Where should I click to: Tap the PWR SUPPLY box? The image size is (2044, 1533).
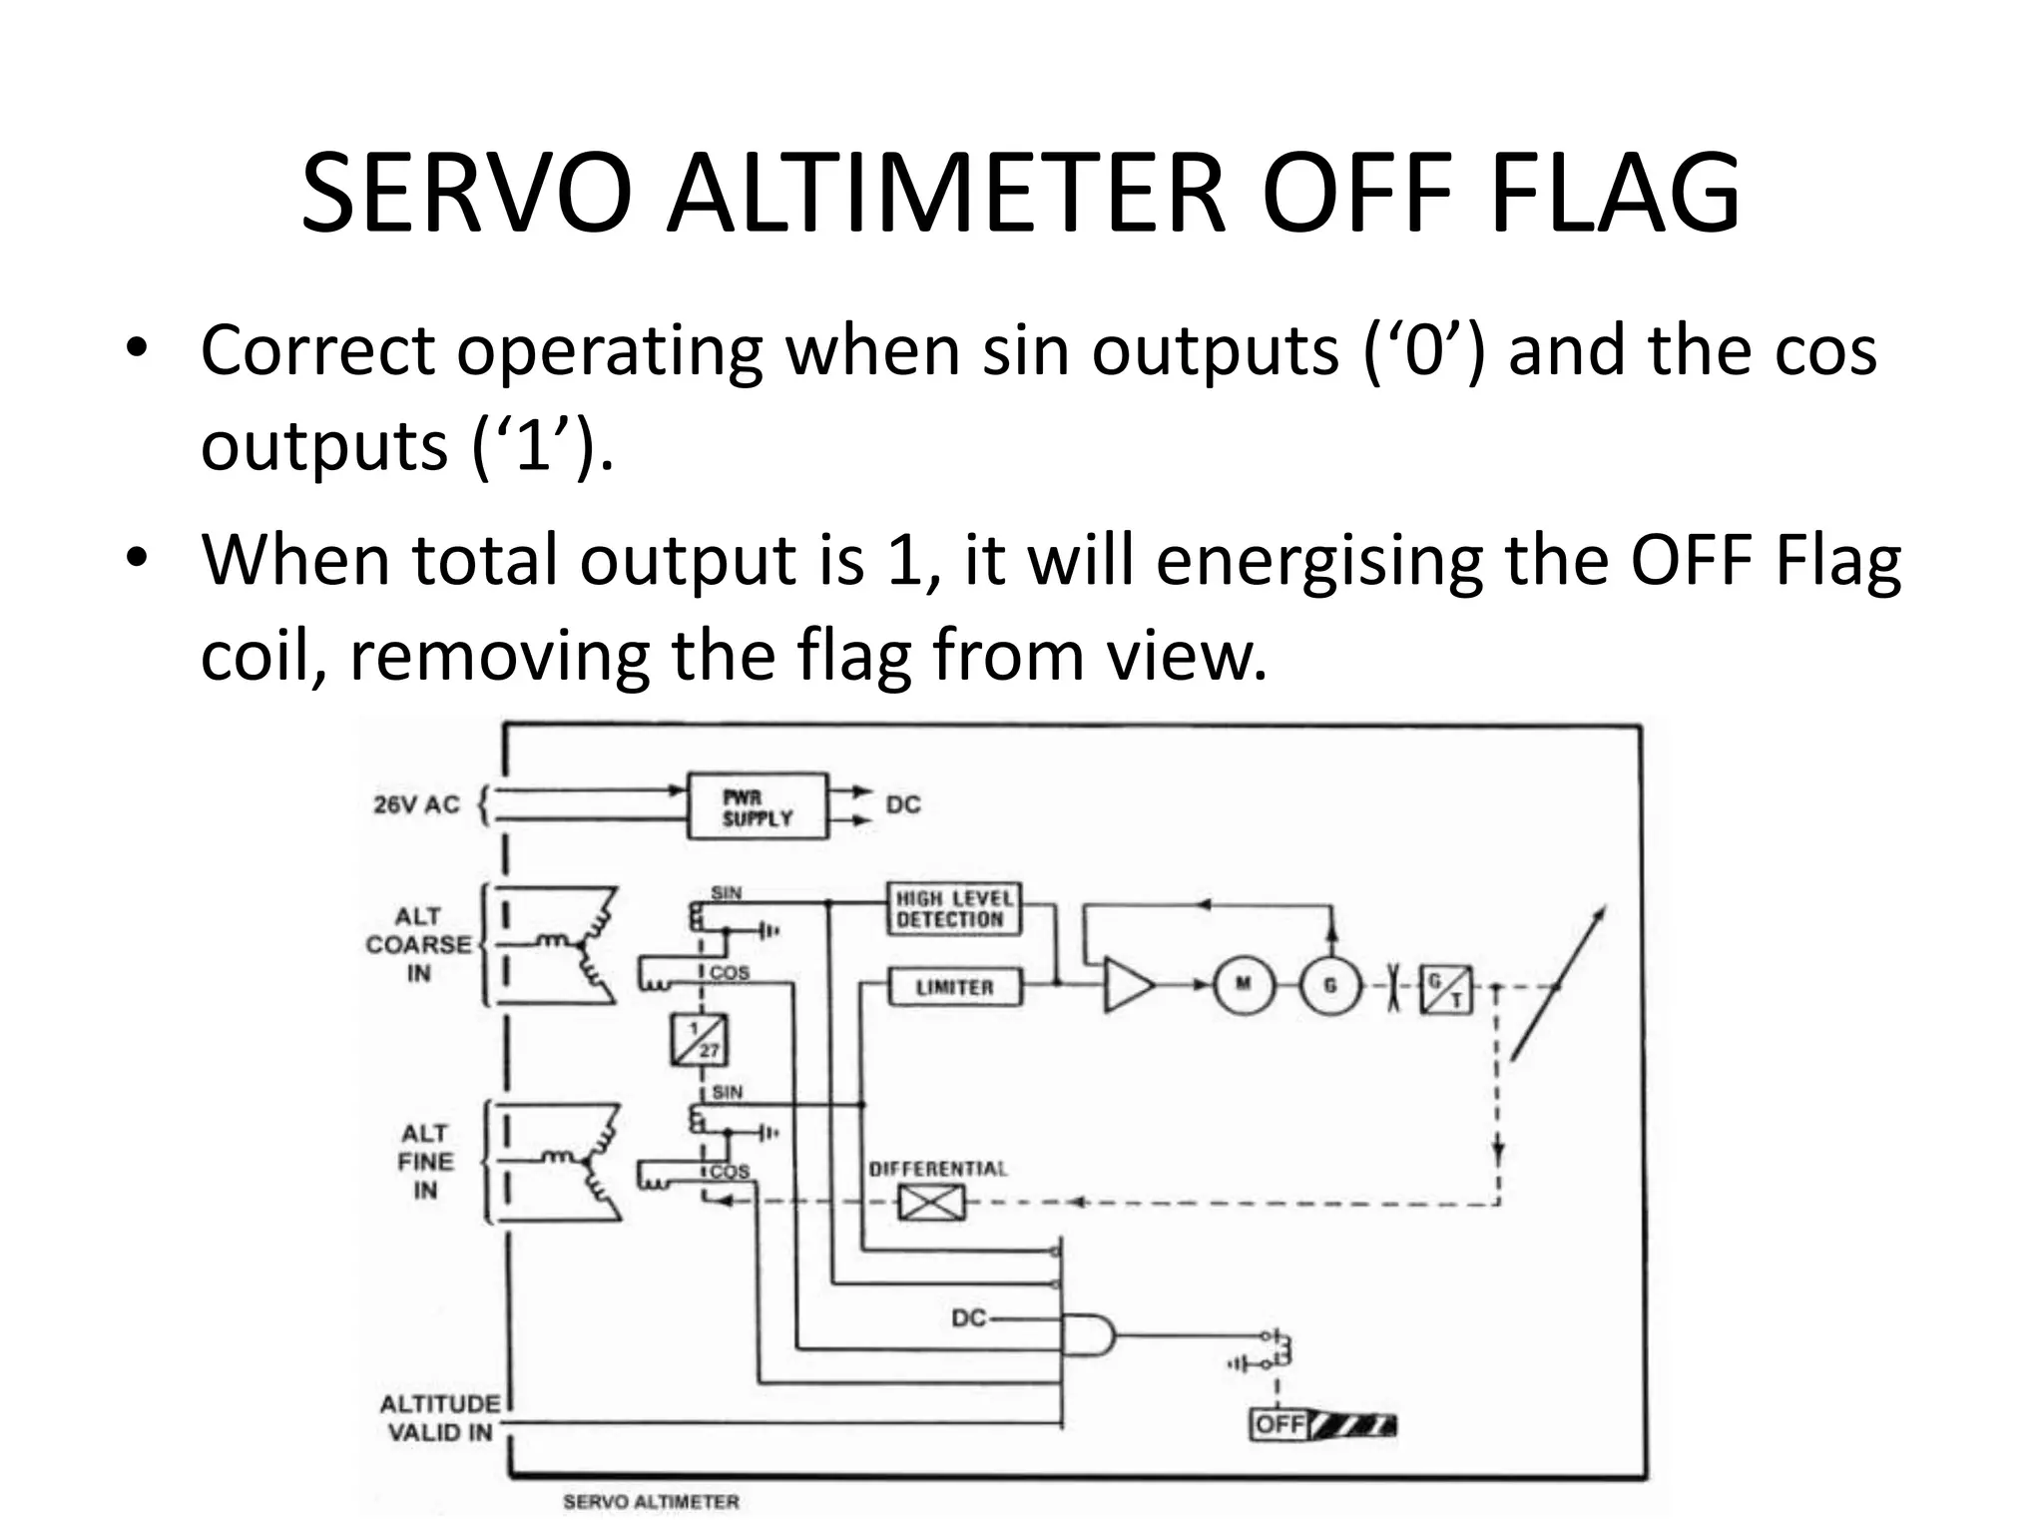coord(758,806)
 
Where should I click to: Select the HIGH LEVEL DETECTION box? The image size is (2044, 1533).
coord(954,909)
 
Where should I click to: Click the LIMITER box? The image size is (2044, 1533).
coord(954,987)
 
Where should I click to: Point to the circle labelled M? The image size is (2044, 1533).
coord(1244,985)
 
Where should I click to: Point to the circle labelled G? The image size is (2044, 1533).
coord(1329,985)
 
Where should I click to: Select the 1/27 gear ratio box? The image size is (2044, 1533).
coord(699,1039)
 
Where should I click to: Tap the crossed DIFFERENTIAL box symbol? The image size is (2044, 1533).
coord(931,1202)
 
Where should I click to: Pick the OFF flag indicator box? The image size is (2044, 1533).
coord(1279,1423)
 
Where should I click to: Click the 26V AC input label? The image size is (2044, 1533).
coord(416,804)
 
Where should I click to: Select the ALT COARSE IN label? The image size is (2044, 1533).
coord(418,944)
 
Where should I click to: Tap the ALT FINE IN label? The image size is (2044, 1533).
coord(425,1162)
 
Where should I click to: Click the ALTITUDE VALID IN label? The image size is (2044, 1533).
coord(439,1418)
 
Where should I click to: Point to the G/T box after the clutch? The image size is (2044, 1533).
coord(1445,989)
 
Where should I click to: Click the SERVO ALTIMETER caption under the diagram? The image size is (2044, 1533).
coord(651,1501)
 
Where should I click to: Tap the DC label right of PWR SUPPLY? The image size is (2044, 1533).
coord(903,804)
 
